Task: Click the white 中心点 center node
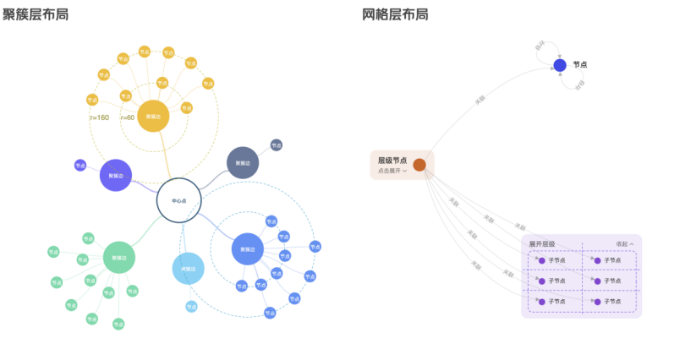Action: click(178, 201)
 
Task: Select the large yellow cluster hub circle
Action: click(153, 116)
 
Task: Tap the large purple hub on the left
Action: click(116, 176)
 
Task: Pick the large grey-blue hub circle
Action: click(243, 162)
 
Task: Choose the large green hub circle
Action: click(119, 257)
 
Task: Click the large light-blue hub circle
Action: click(188, 269)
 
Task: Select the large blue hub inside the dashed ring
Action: click(247, 249)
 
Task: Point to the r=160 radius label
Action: click(99, 117)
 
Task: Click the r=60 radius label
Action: click(128, 117)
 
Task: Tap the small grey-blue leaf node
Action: click(276, 145)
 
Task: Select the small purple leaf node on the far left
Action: click(80, 166)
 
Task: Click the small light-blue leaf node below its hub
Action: click(191, 306)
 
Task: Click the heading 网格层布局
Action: click(394, 14)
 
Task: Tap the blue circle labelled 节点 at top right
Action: click(560, 65)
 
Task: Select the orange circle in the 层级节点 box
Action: click(419, 165)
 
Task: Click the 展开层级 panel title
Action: click(542, 243)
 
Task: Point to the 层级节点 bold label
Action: click(392, 160)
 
